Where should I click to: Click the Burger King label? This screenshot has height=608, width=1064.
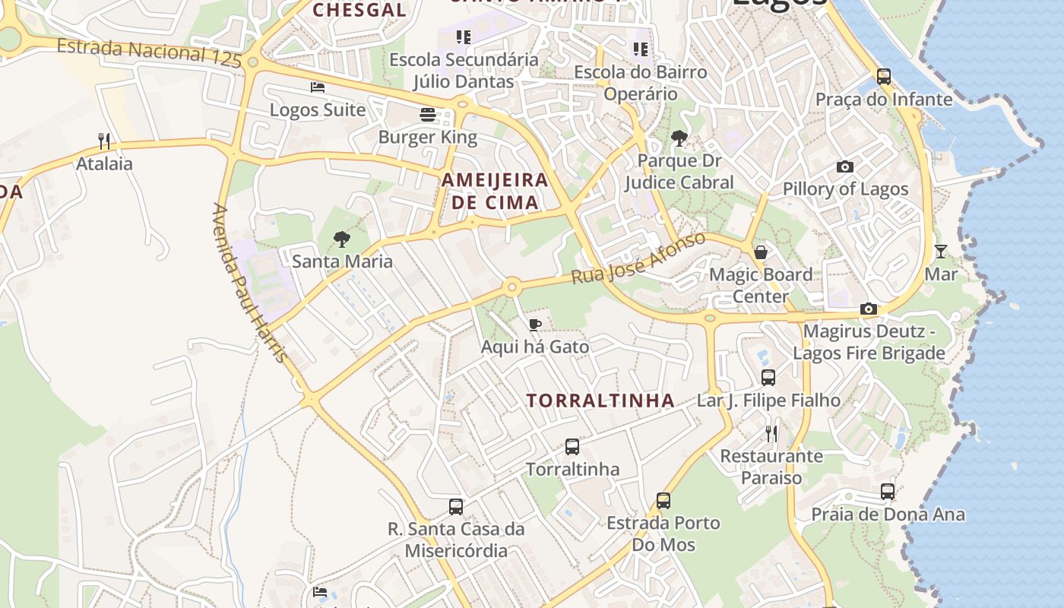[x=428, y=138]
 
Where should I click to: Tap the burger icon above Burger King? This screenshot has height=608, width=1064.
[x=428, y=115]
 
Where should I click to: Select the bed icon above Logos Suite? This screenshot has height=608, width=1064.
[x=318, y=87]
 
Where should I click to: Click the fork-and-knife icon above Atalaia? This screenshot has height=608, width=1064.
[x=104, y=141]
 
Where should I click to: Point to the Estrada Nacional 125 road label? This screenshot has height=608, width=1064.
[x=149, y=52]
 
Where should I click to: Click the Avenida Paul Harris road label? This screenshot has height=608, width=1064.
[x=250, y=283]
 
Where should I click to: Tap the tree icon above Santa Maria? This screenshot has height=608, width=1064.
[x=342, y=239]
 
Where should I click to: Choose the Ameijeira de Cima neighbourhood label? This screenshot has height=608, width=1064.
[x=495, y=191]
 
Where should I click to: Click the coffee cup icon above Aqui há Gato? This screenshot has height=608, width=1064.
[x=535, y=325]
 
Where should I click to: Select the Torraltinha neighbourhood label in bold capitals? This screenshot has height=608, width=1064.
[x=600, y=401]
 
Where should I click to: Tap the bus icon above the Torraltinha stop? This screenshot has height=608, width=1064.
[x=572, y=447]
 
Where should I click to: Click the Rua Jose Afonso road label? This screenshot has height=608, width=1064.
[x=638, y=258]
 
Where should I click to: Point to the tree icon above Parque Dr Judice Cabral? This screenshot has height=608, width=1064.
[x=679, y=138]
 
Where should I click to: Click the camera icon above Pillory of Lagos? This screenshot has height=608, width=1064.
[x=844, y=167]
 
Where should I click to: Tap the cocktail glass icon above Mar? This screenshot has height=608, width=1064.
[x=941, y=252]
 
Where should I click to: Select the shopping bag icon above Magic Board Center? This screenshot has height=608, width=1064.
[x=761, y=252]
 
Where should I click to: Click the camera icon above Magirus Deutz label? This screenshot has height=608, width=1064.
[x=869, y=309]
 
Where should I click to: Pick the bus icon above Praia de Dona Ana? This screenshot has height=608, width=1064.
[x=888, y=492]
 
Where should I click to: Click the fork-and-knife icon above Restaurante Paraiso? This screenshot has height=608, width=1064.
[x=771, y=434]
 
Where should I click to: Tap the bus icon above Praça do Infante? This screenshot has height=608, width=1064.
[x=883, y=77]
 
